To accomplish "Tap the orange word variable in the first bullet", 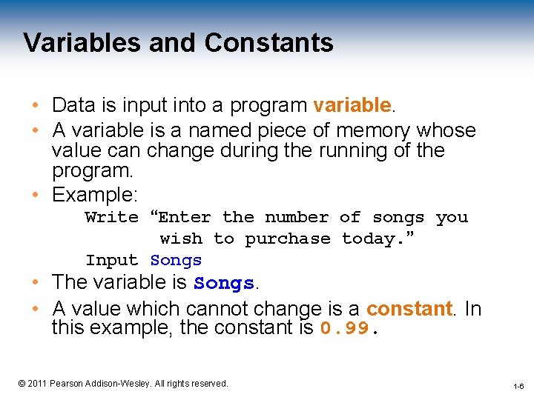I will [x=352, y=105].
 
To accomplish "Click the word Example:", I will [x=95, y=195].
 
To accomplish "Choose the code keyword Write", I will [x=112, y=217].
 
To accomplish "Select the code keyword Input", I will [x=112, y=260].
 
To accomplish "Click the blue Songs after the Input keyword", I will [x=176, y=260].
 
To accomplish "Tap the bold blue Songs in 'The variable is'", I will [x=223, y=283].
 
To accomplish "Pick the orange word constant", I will [x=409, y=307].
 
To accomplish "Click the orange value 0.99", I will [x=344, y=328].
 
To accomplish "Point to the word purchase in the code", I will [x=288, y=239].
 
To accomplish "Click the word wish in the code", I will [x=181, y=239].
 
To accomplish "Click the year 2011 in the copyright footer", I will [x=37, y=383].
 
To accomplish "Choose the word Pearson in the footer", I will [x=67, y=383].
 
